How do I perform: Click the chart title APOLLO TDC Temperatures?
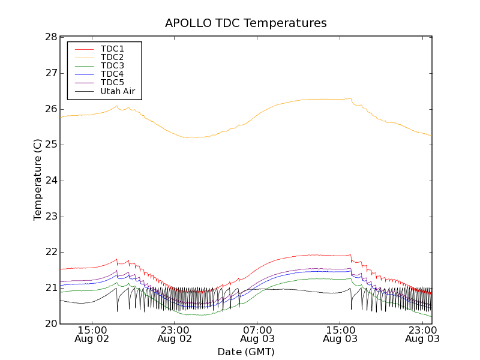coord(246,23)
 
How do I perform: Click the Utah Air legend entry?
coord(118,91)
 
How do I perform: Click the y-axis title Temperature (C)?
coord(38,180)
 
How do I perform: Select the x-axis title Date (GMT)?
coord(246,352)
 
